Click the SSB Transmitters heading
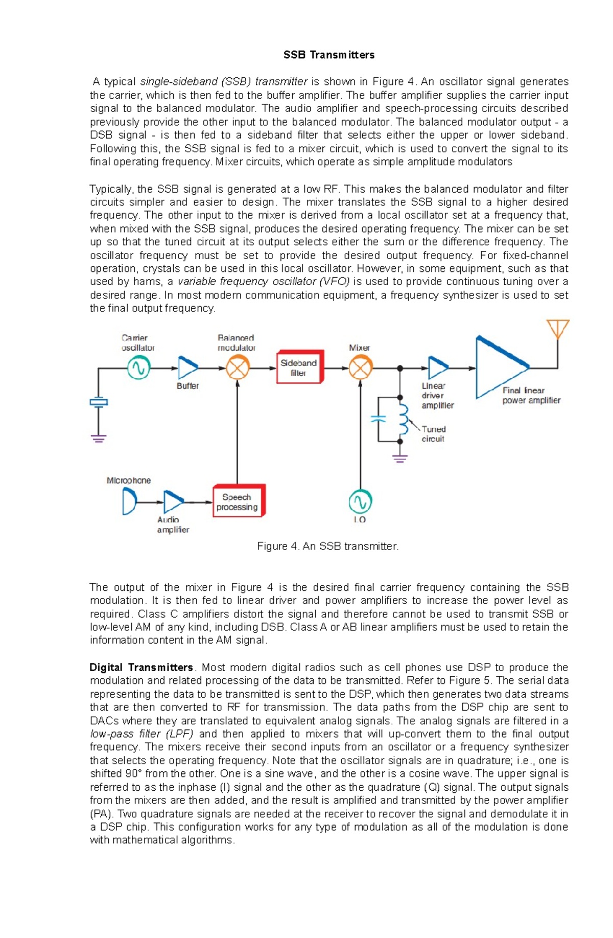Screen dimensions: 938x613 (329, 55)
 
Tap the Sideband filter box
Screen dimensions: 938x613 (299, 367)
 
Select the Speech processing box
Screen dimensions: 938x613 (238, 501)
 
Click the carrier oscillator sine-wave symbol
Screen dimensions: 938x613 (138, 368)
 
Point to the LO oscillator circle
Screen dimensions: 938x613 (360, 502)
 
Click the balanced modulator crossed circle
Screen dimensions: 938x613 (238, 368)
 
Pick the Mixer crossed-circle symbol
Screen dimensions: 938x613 (361, 368)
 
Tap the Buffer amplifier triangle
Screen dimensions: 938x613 (187, 368)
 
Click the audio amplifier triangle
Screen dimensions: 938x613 (173, 502)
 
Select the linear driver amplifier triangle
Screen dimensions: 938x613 (437, 368)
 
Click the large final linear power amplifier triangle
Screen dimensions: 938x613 (498, 367)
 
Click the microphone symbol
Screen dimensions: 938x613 (129, 501)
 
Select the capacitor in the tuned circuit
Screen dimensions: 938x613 (378, 419)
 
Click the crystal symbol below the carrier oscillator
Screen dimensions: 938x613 (99, 402)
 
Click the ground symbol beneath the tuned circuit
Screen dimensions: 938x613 (400, 458)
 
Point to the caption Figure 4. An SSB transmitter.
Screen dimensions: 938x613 (327, 546)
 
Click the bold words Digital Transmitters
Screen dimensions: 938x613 (142, 668)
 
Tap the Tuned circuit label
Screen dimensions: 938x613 (433, 434)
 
